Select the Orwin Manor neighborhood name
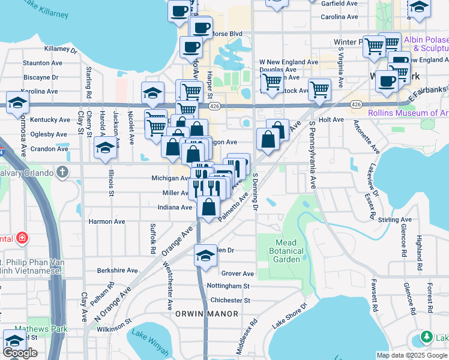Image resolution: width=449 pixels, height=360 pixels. click(x=207, y=314)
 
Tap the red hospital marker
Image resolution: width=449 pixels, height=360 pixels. click(x=22, y=239)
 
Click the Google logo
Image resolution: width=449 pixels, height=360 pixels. click(x=20, y=353)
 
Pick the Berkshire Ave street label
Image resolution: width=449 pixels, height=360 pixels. click(x=118, y=271)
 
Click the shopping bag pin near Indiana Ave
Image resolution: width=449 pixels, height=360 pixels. click(x=208, y=209)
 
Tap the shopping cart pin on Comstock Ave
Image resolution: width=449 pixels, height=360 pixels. click(x=319, y=90)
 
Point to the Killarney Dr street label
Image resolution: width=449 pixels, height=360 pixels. click(x=61, y=49)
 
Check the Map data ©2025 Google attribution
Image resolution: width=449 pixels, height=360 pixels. click(x=412, y=355)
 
